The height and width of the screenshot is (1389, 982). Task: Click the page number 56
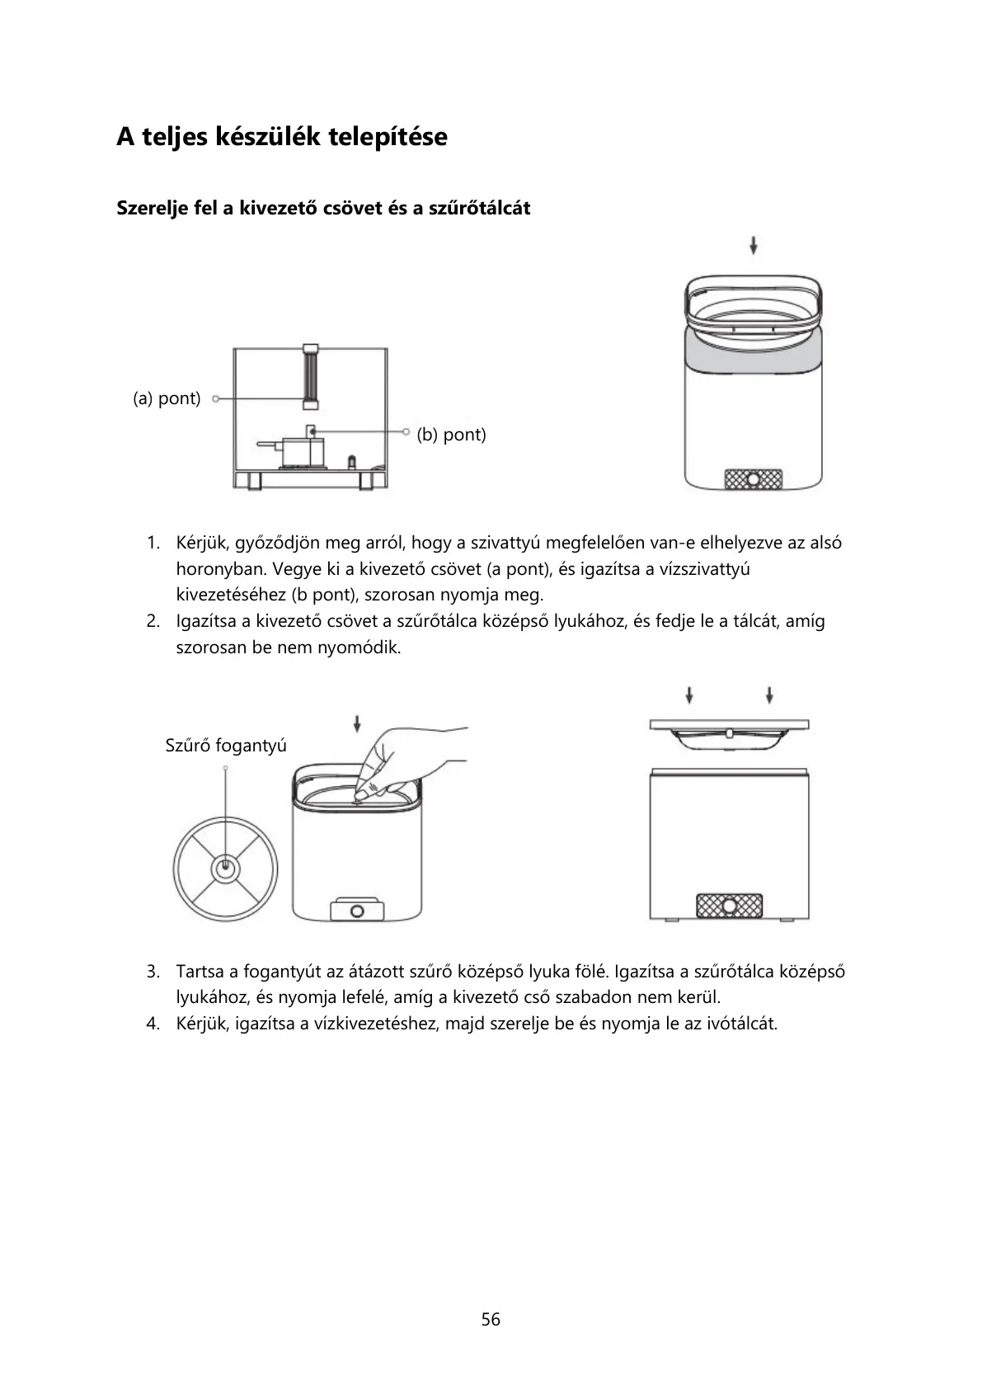point(491,1319)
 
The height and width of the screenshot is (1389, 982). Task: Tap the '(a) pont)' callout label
point(167,398)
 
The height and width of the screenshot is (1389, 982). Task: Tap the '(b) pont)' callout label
point(451,434)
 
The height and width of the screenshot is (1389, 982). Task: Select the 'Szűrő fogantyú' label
point(226,746)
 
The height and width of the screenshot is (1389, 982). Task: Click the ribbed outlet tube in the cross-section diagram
point(310,375)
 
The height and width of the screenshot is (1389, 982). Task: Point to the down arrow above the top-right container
point(754,245)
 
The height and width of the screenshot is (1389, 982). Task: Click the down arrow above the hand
point(356,723)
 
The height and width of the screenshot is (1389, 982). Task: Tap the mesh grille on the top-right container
point(753,479)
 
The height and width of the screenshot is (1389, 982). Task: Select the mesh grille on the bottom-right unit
point(729,906)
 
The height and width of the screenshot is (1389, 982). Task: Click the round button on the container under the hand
point(357,911)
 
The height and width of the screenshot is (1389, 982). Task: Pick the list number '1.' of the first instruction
point(153,543)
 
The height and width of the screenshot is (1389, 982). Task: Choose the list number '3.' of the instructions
point(153,971)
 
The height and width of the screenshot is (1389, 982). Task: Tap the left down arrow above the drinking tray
point(689,694)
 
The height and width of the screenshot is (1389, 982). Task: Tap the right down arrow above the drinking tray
point(769,694)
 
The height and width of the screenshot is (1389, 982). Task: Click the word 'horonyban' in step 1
point(217,569)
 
